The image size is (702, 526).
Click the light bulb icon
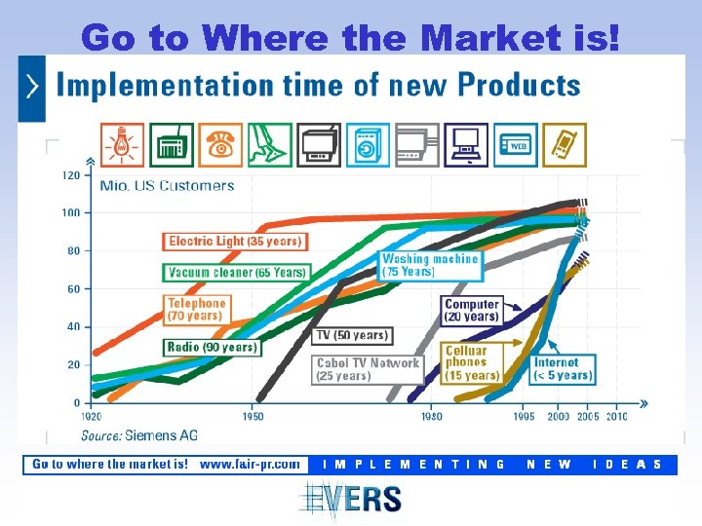click(x=122, y=145)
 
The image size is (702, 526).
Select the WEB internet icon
click(x=515, y=145)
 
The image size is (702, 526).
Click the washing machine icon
click(x=368, y=145)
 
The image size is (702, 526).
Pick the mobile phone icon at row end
click(x=565, y=145)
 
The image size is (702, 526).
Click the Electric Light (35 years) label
click(x=234, y=241)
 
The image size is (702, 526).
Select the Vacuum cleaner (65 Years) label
click(x=235, y=273)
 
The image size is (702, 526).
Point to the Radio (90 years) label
click(x=212, y=347)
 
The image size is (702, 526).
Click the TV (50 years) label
click(x=352, y=335)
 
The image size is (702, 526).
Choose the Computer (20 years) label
click(x=473, y=310)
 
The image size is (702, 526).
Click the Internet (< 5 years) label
click(x=563, y=369)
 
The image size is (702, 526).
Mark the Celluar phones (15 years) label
click(x=472, y=362)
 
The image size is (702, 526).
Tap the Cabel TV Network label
click(x=368, y=369)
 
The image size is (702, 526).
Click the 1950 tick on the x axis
click(x=253, y=417)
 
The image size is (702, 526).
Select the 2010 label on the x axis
click(x=616, y=417)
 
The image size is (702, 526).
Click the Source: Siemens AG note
click(x=139, y=435)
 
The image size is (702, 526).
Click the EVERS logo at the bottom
click(x=351, y=500)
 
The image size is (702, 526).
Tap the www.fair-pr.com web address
click(x=250, y=465)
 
